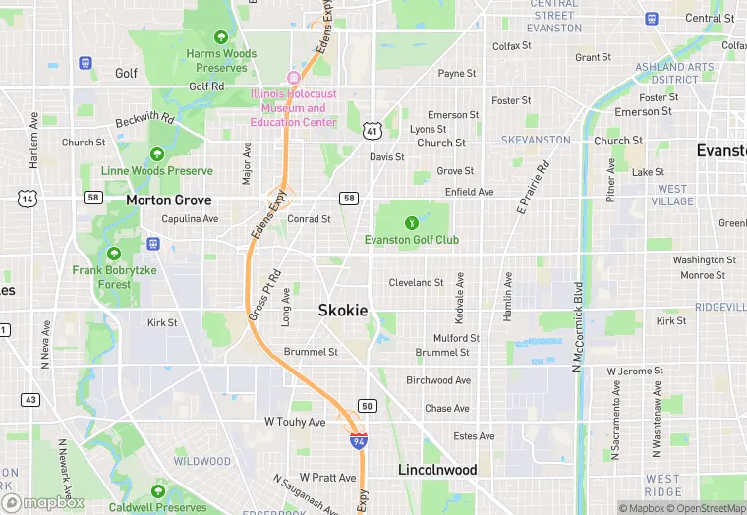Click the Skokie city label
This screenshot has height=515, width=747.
(x=343, y=310)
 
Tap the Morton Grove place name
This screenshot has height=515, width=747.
(x=168, y=200)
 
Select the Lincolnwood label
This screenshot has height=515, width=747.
(x=437, y=470)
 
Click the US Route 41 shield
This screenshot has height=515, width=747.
(x=372, y=130)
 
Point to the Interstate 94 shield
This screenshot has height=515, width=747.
(x=359, y=441)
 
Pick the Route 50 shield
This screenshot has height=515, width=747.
(x=368, y=406)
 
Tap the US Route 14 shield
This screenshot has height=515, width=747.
(x=27, y=199)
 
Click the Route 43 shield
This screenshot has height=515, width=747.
(x=31, y=400)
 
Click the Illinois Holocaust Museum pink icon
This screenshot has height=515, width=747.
(x=292, y=78)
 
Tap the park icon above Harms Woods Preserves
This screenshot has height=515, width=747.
(x=221, y=37)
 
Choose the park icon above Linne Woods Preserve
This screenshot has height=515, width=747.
(x=157, y=154)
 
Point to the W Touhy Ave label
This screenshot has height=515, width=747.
(x=295, y=422)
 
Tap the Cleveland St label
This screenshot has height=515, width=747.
(x=416, y=282)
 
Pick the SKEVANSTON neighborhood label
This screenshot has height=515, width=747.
(x=536, y=141)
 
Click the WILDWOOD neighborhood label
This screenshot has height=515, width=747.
(x=202, y=461)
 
